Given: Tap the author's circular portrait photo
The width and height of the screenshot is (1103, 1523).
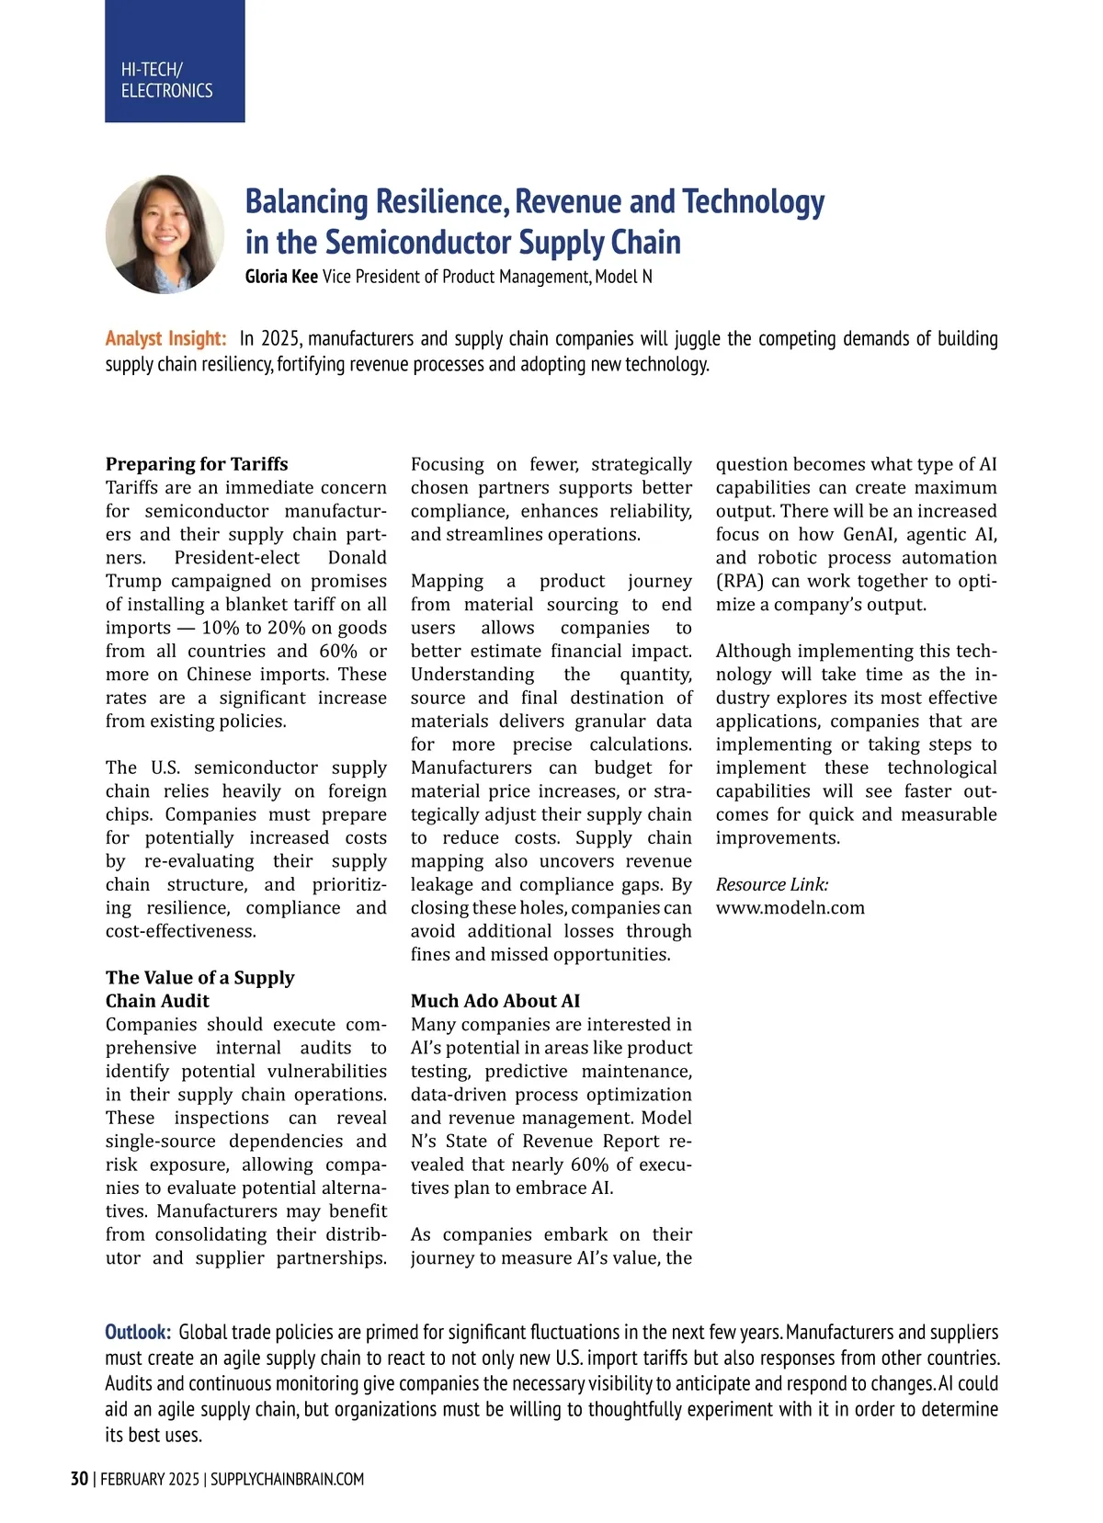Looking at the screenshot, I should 165,234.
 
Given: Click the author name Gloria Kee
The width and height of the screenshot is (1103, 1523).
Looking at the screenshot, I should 281,277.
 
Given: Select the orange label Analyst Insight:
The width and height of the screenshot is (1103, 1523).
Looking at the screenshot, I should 165,338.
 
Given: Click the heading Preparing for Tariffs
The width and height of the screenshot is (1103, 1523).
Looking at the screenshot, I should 197,464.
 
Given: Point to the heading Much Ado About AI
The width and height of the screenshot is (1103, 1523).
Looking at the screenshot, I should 495,1001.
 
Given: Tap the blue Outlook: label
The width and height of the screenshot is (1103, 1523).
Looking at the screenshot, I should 138,1332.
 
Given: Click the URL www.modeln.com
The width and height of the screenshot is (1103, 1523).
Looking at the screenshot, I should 790,908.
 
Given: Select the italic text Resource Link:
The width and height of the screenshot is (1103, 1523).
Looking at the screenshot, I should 772,884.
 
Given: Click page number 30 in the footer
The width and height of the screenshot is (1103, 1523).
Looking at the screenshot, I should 79,1479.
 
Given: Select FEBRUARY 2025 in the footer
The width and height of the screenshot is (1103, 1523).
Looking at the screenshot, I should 149,1479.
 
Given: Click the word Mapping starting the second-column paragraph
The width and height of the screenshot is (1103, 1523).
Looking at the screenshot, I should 447,581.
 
